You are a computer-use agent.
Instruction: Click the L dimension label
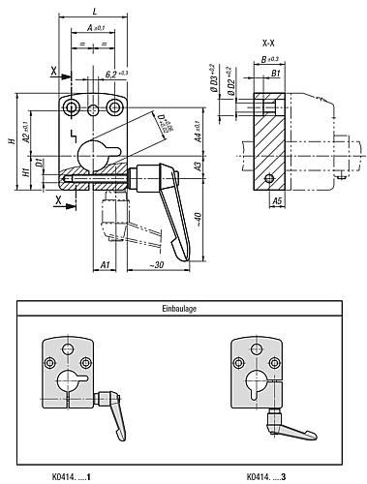pos(93,10)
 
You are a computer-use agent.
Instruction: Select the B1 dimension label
pos(276,73)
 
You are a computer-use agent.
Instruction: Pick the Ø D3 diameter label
pos(210,77)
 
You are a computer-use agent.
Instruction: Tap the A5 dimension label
pos(276,200)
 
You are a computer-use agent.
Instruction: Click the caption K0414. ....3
pos(266,475)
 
